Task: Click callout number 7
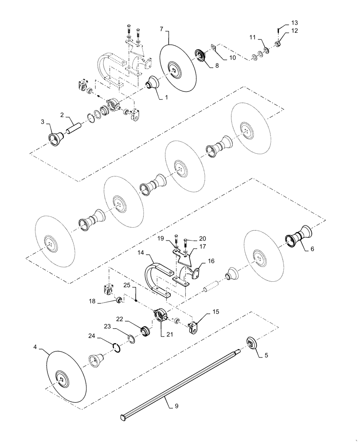coord(162,30)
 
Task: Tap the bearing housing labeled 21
coord(161,315)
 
